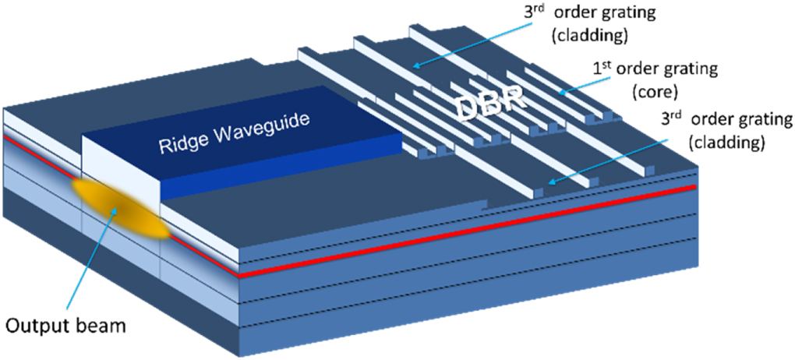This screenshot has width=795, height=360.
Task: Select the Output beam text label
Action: [66, 324]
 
